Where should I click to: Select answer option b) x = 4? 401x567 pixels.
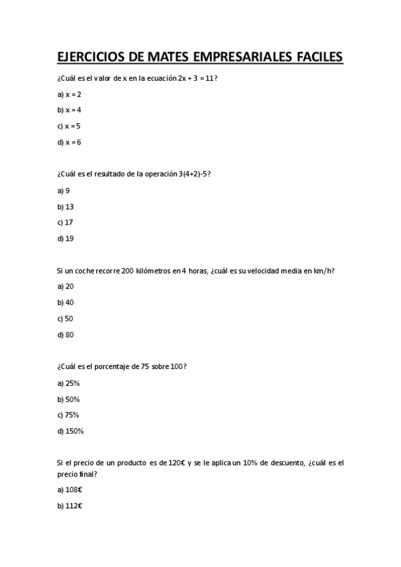click(70, 110)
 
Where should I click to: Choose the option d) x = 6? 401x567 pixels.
click(70, 142)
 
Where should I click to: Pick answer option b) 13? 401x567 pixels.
click(65, 206)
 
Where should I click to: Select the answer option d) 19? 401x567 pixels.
click(65, 238)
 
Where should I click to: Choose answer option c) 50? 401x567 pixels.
click(65, 318)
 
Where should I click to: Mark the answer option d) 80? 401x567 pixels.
click(65, 334)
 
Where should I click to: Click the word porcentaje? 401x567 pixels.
click(112, 366)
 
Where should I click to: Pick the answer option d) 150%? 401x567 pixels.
click(71, 431)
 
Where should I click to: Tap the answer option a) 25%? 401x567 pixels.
click(69, 383)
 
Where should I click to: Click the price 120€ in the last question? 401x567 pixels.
click(176, 463)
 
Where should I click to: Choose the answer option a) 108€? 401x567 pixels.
click(70, 489)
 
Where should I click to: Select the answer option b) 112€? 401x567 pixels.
click(70, 505)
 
